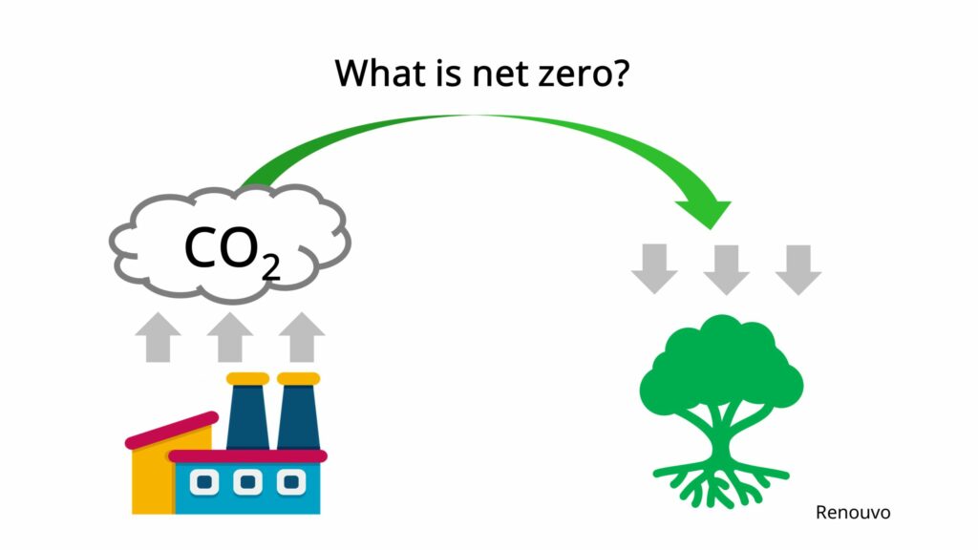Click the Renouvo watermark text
coord(852,513)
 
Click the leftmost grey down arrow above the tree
coord(654,268)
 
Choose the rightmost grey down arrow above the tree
coord(798,268)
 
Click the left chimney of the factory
coord(246,415)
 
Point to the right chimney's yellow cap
coord(298,379)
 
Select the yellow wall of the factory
coord(151,477)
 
